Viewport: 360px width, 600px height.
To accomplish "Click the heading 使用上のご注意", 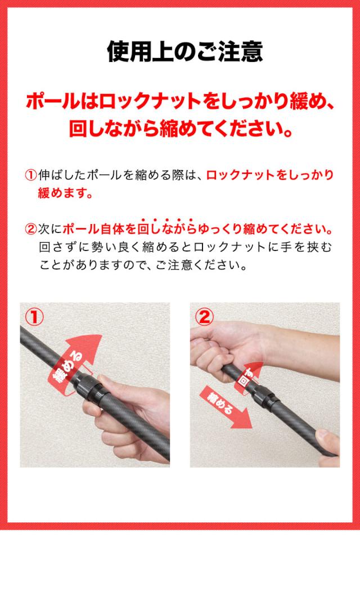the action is [x=185, y=52].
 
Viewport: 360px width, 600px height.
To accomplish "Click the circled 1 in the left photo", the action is [x=34, y=317].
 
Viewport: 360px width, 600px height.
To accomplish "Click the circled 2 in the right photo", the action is [x=204, y=317].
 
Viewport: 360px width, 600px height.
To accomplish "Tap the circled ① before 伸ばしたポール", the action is [x=30, y=175].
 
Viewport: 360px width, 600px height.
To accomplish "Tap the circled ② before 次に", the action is [x=30, y=229].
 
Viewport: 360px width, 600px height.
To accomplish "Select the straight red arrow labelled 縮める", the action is [x=226, y=407].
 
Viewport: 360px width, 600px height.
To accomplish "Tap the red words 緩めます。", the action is [x=65, y=193].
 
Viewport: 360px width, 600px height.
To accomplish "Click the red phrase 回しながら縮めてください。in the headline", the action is [x=181, y=129].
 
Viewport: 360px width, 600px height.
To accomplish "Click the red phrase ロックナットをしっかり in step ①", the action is [x=270, y=175].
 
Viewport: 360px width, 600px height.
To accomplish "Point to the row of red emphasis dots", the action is [x=166, y=220].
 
